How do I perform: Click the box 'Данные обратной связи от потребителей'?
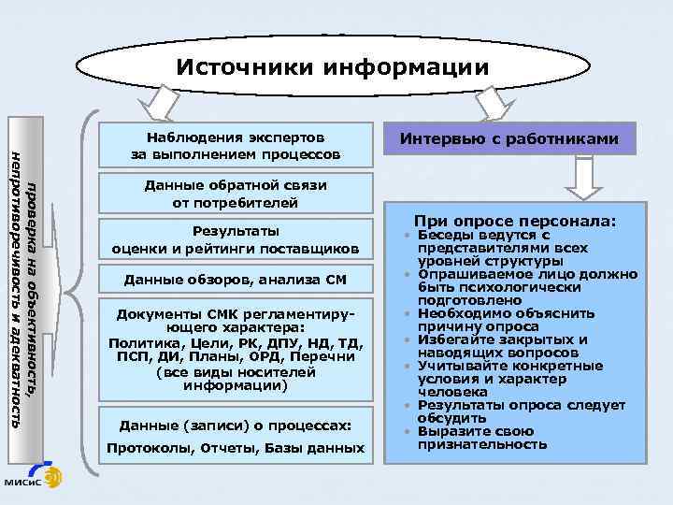pyautogui.click(x=236, y=193)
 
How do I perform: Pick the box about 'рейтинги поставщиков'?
pyautogui.click(x=236, y=240)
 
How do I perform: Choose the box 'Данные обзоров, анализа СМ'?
pyautogui.click(x=236, y=280)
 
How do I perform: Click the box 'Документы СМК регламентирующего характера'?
pyautogui.click(x=236, y=347)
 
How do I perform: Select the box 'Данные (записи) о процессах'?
pyautogui.click(x=236, y=426)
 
